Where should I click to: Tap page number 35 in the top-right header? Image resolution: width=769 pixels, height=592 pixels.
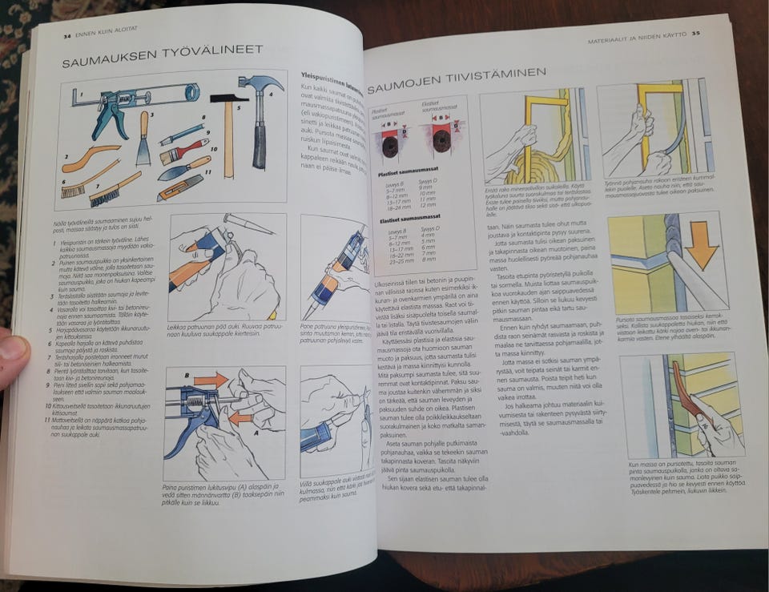pyautogui.click(x=696, y=34)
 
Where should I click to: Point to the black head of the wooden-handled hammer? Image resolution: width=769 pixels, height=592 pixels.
pyautogui.click(x=228, y=99)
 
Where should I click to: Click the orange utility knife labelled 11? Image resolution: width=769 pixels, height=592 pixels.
pyautogui.click(x=181, y=187)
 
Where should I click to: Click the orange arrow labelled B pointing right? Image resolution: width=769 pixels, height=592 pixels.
pyautogui.click(x=211, y=379)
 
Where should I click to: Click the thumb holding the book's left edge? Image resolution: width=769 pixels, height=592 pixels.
pyautogui.click(x=13, y=356)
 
